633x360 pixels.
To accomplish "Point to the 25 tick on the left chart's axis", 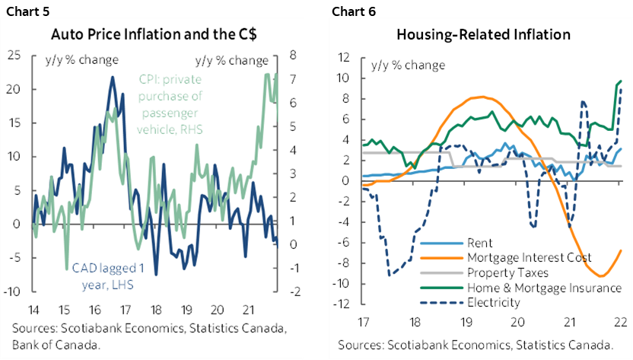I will [14, 55].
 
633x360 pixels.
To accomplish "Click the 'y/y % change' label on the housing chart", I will [408, 65].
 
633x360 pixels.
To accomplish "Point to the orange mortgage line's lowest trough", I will [600, 276].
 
